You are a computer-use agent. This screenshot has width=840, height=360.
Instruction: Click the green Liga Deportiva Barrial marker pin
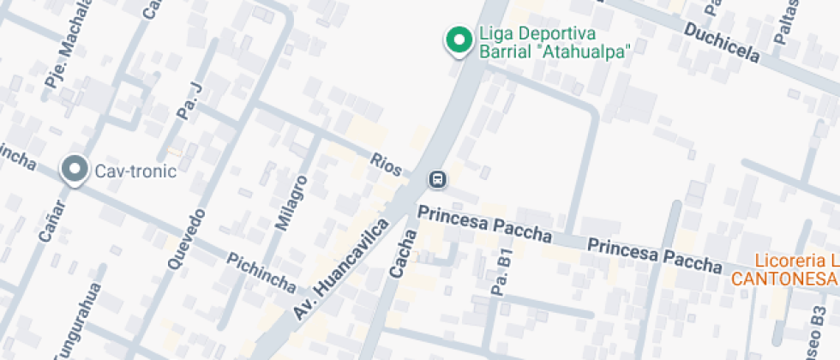pyautogui.click(x=458, y=39)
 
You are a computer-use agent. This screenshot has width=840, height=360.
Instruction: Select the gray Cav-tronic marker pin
pyautogui.click(x=75, y=170)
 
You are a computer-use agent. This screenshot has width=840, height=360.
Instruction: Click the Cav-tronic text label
pyautogui.click(x=135, y=171)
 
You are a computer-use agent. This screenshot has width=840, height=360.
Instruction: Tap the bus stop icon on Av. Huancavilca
pyautogui.click(x=437, y=179)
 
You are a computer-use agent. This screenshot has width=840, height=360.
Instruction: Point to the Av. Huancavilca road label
pyautogui.click(x=341, y=269)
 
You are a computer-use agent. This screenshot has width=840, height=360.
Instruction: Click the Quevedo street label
pyautogui.click(x=187, y=239)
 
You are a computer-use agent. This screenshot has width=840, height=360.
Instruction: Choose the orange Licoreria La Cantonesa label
pyautogui.click(x=784, y=270)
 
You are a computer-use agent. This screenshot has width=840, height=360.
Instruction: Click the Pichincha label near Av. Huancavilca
pyautogui.click(x=261, y=273)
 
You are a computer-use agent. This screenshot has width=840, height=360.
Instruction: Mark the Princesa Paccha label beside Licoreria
pyautogui.click(x=654, y=255)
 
